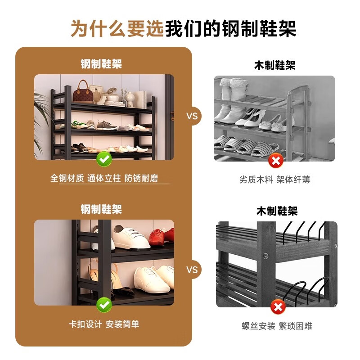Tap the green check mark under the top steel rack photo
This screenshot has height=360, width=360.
[x=104, y=158]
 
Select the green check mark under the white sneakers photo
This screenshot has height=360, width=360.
[x=104, y=305]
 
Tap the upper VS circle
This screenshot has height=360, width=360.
[x=192, y=116]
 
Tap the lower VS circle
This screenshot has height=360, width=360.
[x=192, y=270]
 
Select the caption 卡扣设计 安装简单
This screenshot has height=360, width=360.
[x=104, y=324]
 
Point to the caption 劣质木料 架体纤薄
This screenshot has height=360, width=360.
[x=274, y=180]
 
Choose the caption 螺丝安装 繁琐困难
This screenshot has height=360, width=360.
[x=277, y=326]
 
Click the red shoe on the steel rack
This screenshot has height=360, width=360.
[x=160, y=236]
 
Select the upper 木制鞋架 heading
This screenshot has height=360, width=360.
[x=274, y=66]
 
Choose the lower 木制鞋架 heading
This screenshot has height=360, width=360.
[x=277, y=211]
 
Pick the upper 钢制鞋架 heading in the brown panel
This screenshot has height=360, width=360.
[x=101, y=64]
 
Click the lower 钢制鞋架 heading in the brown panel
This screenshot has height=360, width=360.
[x=101, y=209]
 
